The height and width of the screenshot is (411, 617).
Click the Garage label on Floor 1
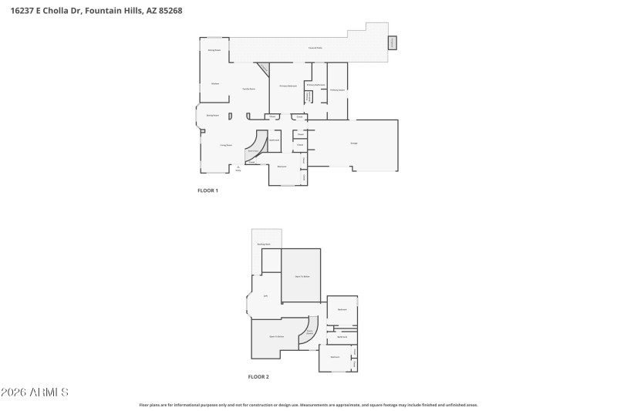pyautogui.click(x=354, y=143)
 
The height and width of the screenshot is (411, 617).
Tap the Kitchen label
pyautogui.click(x=215, y=83)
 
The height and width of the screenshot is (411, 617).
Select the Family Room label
pyautogui.click(x=249, y=89)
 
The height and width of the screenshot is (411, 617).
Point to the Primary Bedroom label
pyautogui.click(x=288, y=86)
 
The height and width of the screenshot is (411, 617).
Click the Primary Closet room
pyautogui.click(x=337, y=90)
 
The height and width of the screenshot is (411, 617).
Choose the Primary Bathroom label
pyautogui.click(x=315, y=85)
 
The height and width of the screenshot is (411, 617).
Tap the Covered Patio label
pyautogui.click(x=315, y=49)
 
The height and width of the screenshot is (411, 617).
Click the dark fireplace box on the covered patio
pyautogui.click(x=392, y=42)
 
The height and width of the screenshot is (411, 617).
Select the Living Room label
pyautogui.click(x=226, y=145)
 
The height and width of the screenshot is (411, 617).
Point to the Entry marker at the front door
pyautogui.click(x=238, y=168)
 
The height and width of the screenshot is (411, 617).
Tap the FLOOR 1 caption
pyautogui.click(x=208, y=190)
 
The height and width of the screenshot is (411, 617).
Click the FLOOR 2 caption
pyautogui.click(x=258, y=377)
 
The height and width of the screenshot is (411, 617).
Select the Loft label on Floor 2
pyautogui.click(x=265, y=295)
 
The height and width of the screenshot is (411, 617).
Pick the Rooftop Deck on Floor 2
pyautogui.click(x=264, y=244)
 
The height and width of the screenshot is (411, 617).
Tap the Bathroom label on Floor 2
pyautogui.click(x=342, y=337)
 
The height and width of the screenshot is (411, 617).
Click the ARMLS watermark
pyautogui.click(x=35, y=392)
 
